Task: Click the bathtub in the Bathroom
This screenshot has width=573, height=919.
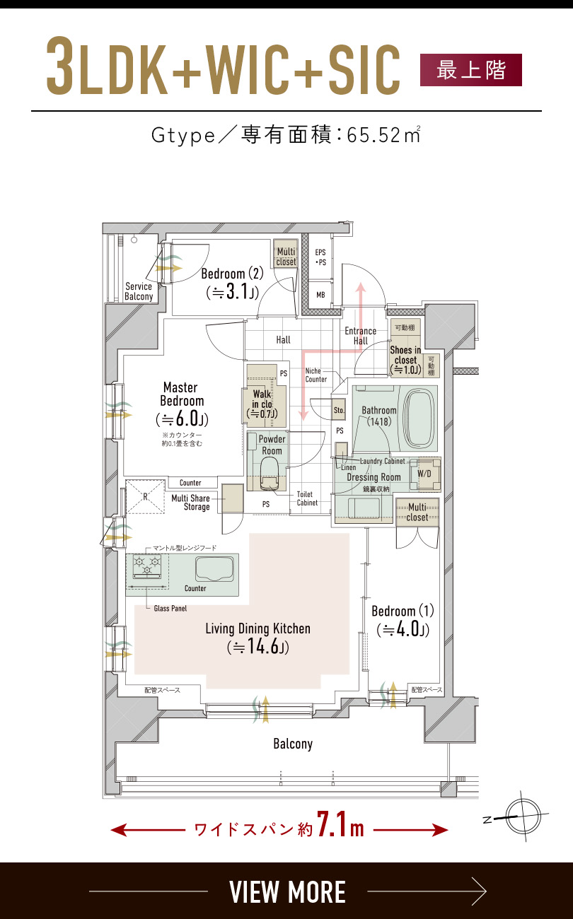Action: [x=420, y=418]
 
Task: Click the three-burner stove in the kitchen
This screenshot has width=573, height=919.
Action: [x=147, y=565]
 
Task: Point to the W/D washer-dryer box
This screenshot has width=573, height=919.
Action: [x=425, y=474]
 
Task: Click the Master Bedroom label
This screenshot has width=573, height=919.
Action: [x=181, y=394]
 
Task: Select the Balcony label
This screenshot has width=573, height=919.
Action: [x=293, y=744]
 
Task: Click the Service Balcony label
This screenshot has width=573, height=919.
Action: [x=139, y=291]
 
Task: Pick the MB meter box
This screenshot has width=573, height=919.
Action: [x=320, y=295]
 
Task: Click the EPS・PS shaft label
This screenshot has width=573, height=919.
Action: [x=320, y=257]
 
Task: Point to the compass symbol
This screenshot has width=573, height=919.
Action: [x=523, y=816]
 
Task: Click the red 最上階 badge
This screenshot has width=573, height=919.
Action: [x=471, y=70]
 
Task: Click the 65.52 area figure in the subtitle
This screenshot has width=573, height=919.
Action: [x=374, y=135]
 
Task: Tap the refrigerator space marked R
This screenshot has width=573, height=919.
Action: [x=145, y=496]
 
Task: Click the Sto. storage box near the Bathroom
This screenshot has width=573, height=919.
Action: [x=339, y=410]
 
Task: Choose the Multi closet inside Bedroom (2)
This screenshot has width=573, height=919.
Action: [x=286, y=254]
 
